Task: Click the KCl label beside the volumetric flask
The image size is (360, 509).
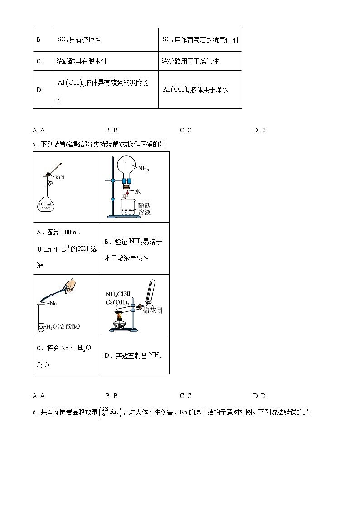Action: [60, 177]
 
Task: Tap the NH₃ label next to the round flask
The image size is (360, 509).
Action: [144, 169]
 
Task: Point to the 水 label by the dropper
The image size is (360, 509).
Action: [138, 191]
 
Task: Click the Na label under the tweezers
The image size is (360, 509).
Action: [53, 303]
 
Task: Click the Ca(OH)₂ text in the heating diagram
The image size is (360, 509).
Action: [117, 302]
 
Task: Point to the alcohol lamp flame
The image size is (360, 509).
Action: [122, 317]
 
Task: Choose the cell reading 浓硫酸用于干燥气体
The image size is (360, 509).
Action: [190, 61]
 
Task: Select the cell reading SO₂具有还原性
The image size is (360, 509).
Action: [79, 40]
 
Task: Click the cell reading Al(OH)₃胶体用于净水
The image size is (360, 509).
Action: [195, 90]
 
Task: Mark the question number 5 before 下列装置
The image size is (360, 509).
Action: [34, 144]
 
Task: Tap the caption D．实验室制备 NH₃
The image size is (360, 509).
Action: [133, 355]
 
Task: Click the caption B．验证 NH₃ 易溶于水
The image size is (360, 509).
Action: [133, 250]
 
